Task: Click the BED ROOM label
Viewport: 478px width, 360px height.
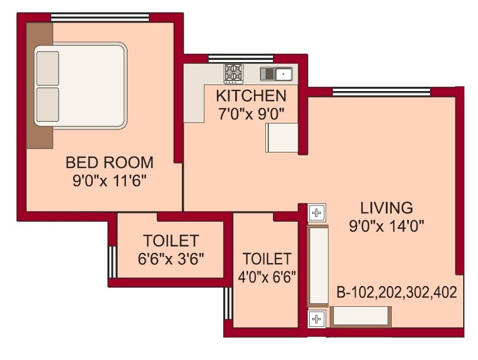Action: point(109,162)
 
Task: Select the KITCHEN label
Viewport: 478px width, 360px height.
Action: point(251,96)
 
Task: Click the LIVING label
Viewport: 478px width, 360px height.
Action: point(386,208)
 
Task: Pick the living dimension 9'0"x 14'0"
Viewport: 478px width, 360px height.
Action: point(386,225)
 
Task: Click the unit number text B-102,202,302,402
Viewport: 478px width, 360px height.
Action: point(396,293)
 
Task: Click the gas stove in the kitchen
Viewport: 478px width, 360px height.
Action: point(233,73)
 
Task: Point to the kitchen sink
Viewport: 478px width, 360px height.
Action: point(277,74)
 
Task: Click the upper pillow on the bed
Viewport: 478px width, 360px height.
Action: point(48,68)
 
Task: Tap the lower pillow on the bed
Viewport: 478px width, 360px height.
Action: point(48,104)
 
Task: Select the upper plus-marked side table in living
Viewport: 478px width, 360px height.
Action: point(317,212)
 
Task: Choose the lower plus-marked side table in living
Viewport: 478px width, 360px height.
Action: point(317,320)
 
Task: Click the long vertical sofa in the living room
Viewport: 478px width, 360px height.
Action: point(318,265)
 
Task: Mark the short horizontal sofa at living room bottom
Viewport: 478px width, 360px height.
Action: point(359,317)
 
